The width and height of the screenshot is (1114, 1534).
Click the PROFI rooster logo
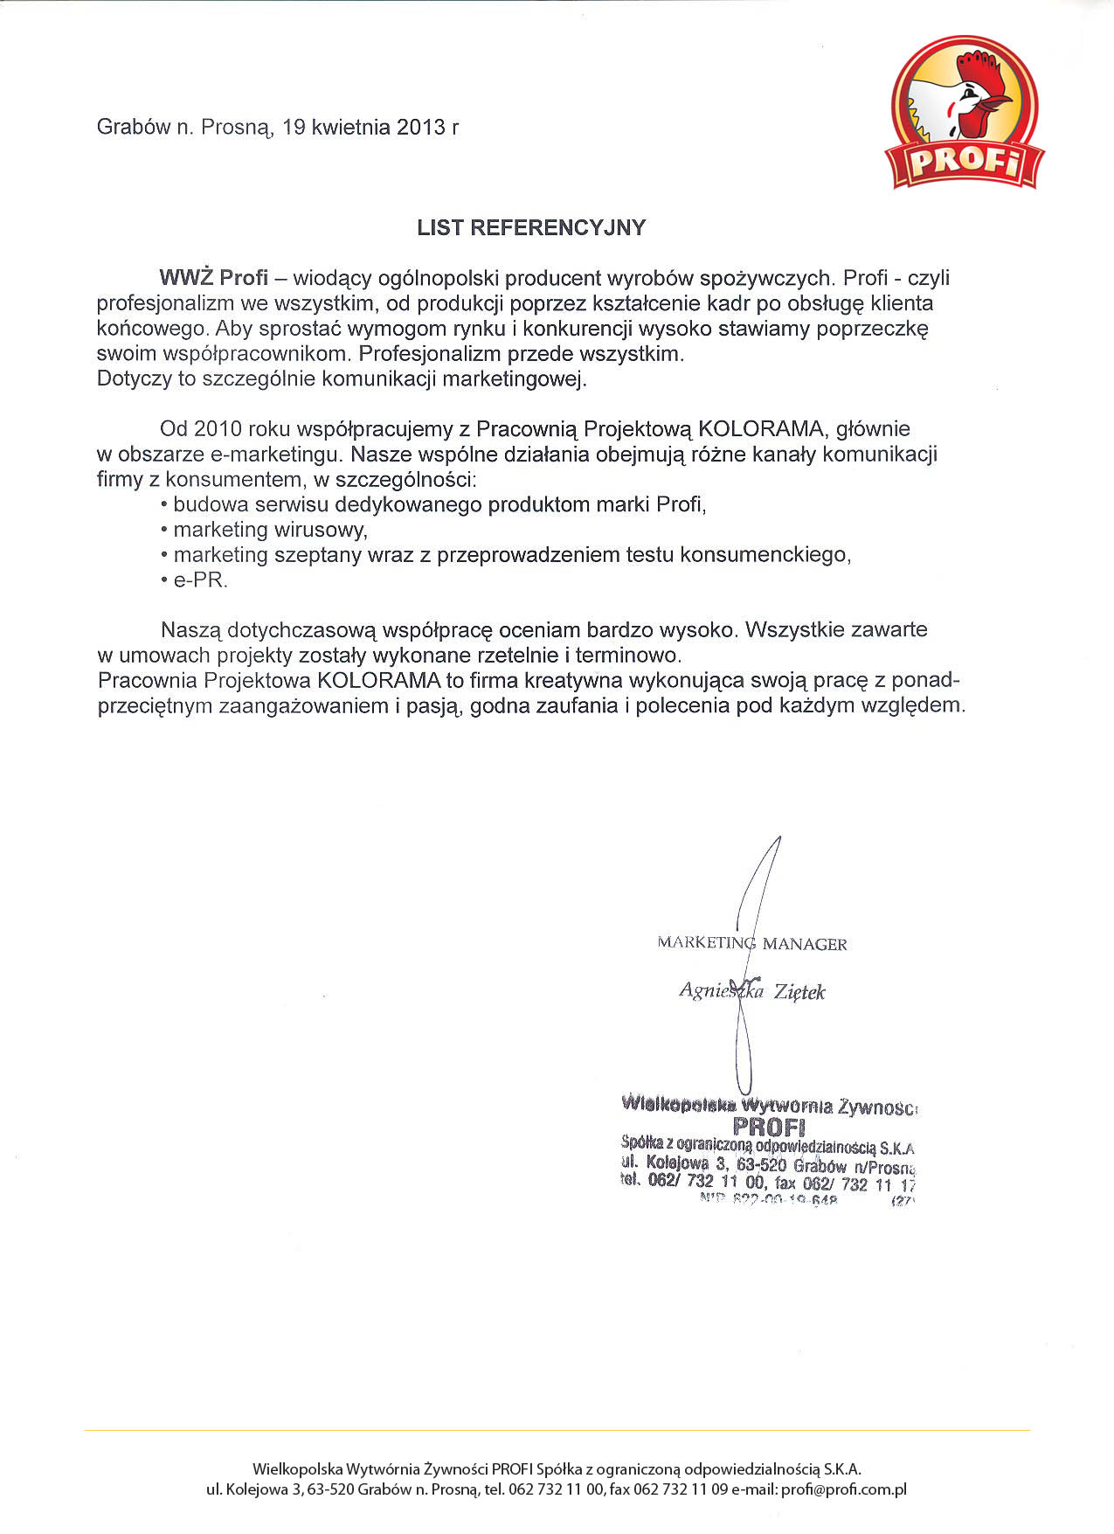pyautogui.click(x=964, y=114)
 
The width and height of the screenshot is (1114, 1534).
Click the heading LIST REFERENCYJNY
pyautogui.click(x=531, y=228)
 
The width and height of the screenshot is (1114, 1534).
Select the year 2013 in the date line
pyautogui.click(x=421, y=128)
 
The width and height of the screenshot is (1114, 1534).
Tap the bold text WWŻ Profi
pyautogui.click(x=213, y=279)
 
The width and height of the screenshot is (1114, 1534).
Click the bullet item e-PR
pyautogui.click(x=200, y=580)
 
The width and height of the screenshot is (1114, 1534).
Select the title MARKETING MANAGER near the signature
pyautogui.click(x=751, y=944)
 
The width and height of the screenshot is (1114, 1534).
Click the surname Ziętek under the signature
pyautogui.click(x=799, y=992)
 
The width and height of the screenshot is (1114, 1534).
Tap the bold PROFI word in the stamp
pyautogui.click(x=769, y=1125)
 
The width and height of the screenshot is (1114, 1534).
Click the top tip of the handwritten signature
pyautogui.click(x=778, y=838)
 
